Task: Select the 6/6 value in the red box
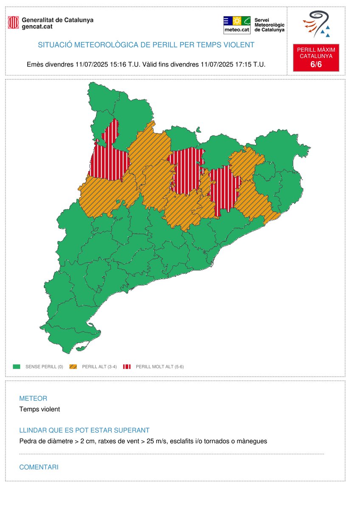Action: (316, 64)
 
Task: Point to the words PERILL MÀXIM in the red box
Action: (316, 50)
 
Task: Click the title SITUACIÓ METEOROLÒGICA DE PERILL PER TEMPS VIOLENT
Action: (146, 45)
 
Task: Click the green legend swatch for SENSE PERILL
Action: (17, 366)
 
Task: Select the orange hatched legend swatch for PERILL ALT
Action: (74, 366)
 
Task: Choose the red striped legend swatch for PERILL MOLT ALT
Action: (127, 366)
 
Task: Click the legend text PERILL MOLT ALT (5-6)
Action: (160, 366)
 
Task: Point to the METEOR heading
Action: (33, 398)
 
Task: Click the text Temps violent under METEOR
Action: (39, 409)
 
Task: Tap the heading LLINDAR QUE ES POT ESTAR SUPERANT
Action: (84, 430)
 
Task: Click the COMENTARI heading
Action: (39, 467)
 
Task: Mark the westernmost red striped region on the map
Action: (109, 157)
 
